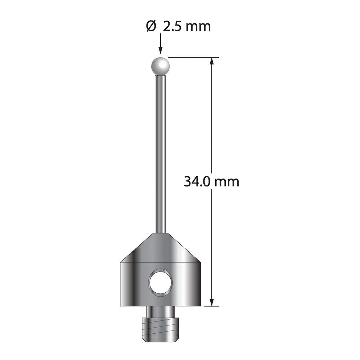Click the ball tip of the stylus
pyautogui.click(x=161, y=66)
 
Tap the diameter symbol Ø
pyautogui.click(x=151, y=27)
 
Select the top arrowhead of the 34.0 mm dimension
pyautogui.click(x=212, y=62)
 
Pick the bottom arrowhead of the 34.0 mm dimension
pyautogui.click(x=212, y=301)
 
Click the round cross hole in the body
pyautogui.click(x=160, y=282)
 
